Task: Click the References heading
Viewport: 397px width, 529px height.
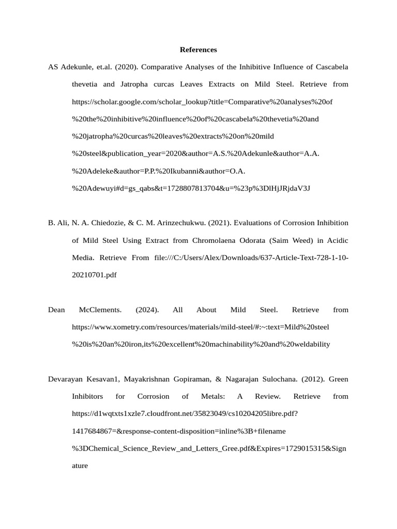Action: (x=198, y=50)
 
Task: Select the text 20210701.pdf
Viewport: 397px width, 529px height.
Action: (x=94, y=275)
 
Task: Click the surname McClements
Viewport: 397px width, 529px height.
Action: (x=100, y=309)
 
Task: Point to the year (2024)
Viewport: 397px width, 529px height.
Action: (x=147, y=309)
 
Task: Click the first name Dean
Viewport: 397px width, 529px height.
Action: (x=56, y=309)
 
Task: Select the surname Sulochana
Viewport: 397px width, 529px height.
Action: (x=265, y=379)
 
